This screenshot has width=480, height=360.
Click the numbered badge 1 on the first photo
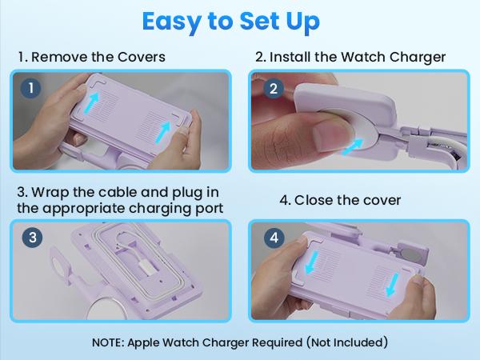tap(30, 89)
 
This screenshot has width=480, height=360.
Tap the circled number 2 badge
tap(273, 89)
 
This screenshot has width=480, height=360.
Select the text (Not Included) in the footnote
tap(348, 343)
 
